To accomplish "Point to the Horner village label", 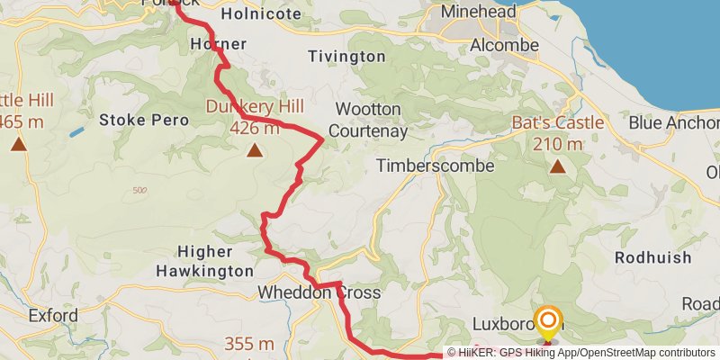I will click(x=219, y=43).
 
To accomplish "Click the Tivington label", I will click(x=346, y=56).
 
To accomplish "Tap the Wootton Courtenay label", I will click(x=367, y=120).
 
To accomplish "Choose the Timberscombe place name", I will click(x=436, y=166).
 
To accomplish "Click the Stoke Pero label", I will click(x=144, y=119).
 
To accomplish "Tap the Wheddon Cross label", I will click(x=319, y=292).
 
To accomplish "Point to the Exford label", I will click(x=53, y=316).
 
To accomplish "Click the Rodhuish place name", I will click(x=653, y=257).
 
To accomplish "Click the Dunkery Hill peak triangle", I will click(x=256, y=151).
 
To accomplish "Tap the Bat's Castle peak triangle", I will click(x=558, y=166).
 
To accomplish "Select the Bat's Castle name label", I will click(x=558, y=122).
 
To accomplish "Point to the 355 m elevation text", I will click(x=249, y=344).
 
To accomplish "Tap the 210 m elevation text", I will click(x=558, y=143).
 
